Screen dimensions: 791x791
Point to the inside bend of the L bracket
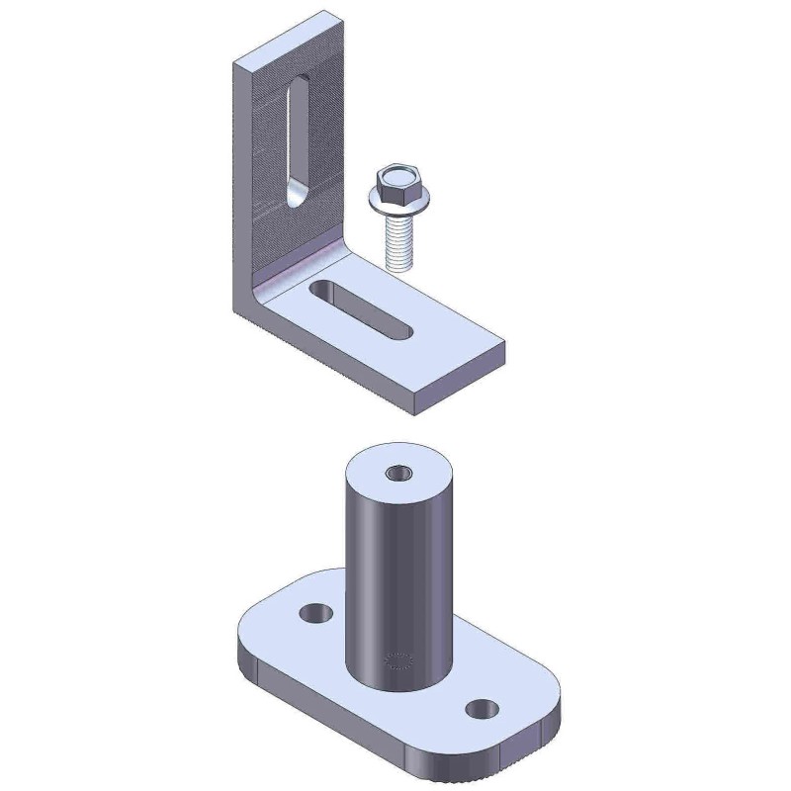click(297, 273)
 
